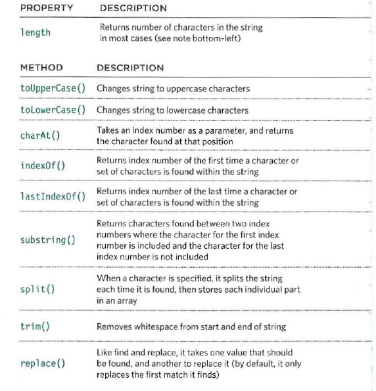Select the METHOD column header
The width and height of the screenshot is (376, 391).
(41, 68)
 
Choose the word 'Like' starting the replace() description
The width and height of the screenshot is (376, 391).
(105, 353)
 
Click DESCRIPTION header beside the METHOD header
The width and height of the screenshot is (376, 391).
(131, 68)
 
